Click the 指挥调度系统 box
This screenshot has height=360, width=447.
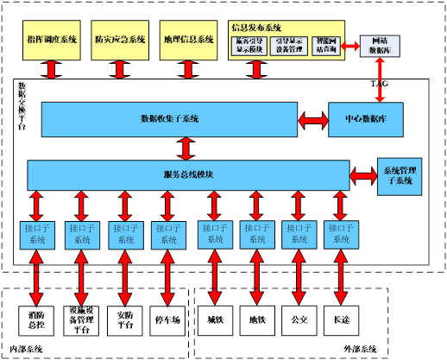(x=53, y=40)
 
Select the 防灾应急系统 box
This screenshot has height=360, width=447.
(x=121, y=40)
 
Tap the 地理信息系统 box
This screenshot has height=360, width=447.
(x=189, y=40)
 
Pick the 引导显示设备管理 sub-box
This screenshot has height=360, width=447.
(x=287, y=46)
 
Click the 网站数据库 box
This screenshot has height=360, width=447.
(x=380, y=47)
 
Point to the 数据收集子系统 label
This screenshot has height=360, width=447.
(x=169, y=118)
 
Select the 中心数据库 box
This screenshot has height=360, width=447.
(x=365, y=118)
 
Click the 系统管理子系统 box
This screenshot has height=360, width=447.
(x=398, y=175)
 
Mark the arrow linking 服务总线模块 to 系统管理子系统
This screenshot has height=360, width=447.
(x=366, y=175)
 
